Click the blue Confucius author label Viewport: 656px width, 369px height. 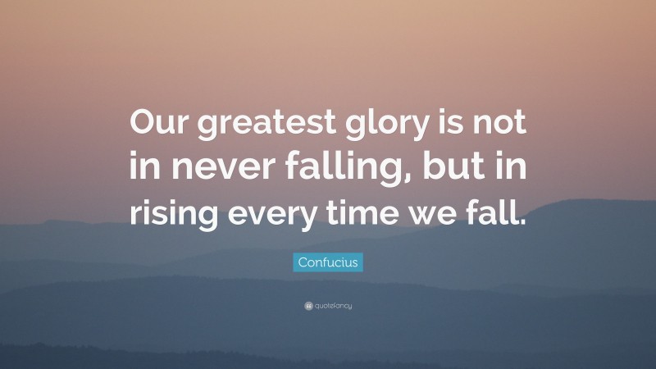pyautogui.click(x=328, y=262)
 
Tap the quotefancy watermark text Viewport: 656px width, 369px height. pyautogui.click(x=333, y=306)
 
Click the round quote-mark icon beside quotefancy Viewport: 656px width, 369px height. pyautogui.click(x=307, y=306)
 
